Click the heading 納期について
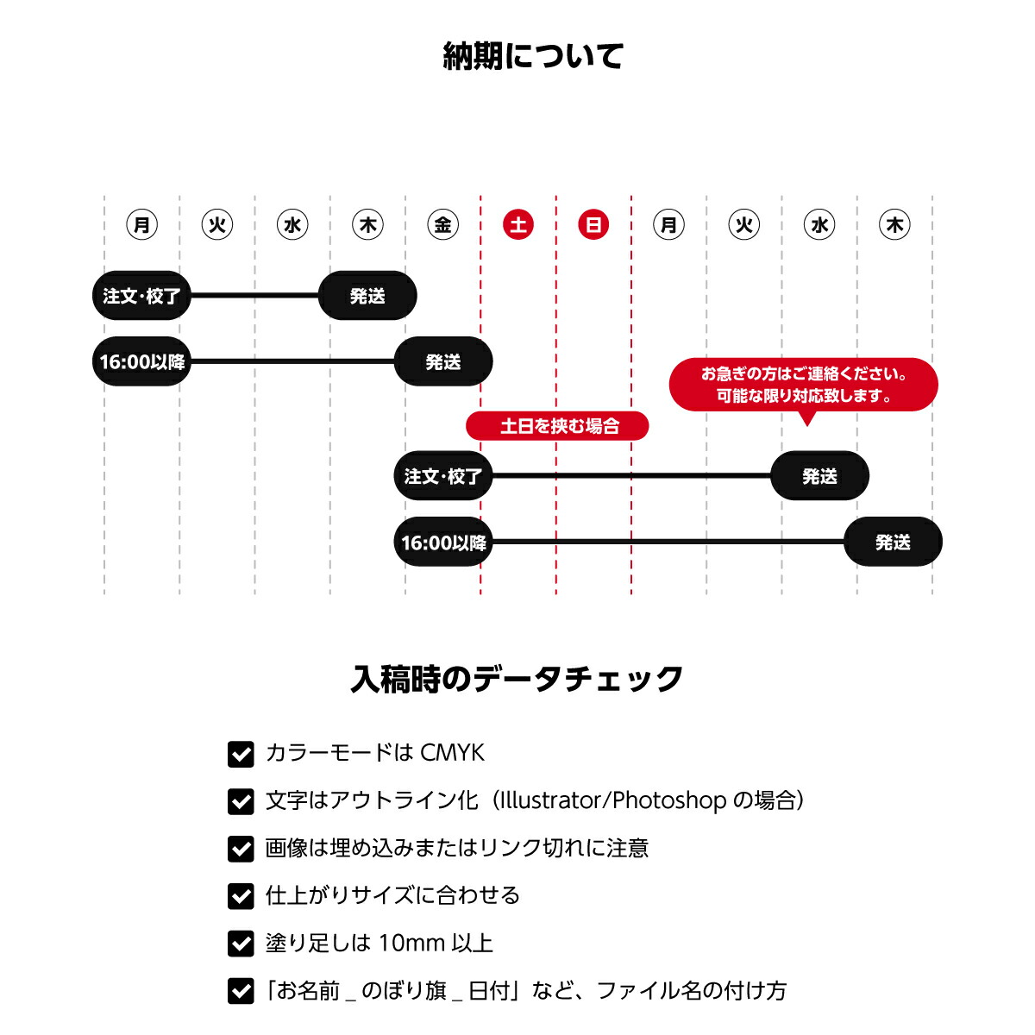[532, 56]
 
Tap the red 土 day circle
[517, 224]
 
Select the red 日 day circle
[593, 224]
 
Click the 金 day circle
[442, 224]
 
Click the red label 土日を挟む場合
[557, 426]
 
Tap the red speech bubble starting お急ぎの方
[804, 385]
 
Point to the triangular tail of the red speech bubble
[806, 419]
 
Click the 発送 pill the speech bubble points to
[819, 476]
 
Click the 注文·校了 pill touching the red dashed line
[443, 476]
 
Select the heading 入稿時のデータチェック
[517, 679]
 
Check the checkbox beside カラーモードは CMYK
[241, 754]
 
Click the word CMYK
[452, 753]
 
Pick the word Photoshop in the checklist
[669, 800]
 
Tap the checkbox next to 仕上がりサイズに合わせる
[241, 896]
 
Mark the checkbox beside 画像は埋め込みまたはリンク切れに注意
[241, 850]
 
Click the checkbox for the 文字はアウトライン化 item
[241, 802]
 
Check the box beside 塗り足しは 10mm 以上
[241, 944]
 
